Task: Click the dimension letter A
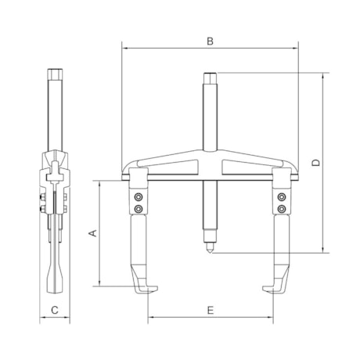coord(91,233)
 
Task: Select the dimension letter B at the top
coord(210,40)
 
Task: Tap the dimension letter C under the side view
coord(54,311)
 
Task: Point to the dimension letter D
coord(315,163)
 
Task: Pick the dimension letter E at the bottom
coord(210,311)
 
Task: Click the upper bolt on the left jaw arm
coord(139,197)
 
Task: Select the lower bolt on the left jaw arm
coord(139,209)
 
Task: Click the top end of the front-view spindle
coord(210,75)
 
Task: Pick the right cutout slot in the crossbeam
coord(248,167)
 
